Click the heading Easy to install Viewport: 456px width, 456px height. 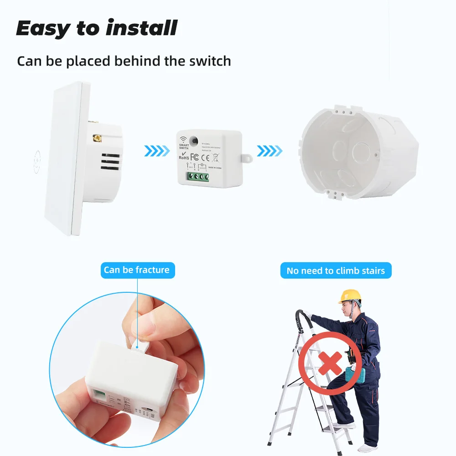[96, 28]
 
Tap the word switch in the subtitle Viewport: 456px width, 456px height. [207, 61]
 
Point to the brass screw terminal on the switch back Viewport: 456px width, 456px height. [97, 137]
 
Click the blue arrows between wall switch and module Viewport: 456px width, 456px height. [156, 150]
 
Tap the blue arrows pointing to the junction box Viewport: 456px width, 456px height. [269, 150]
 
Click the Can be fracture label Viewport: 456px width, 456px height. [137, 270]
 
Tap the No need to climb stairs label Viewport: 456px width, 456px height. [336, 271]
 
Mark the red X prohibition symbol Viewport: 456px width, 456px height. [330, 363]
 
